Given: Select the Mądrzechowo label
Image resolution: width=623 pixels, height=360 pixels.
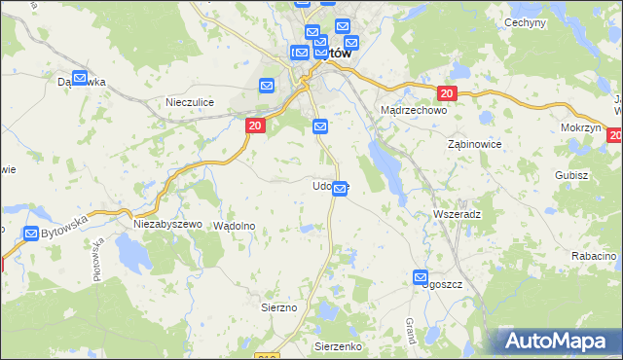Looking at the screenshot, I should coord(413,111).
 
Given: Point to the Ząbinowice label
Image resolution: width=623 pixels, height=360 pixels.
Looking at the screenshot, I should coord(474,143).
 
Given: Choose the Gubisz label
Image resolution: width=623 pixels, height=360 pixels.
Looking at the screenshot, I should coord(572,175).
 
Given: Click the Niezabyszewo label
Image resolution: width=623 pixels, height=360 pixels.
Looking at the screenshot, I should coord(167,224).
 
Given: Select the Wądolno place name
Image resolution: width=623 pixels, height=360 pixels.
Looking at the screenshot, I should coord(234,225).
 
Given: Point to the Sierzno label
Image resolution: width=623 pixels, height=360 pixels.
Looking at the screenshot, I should coord(278,306).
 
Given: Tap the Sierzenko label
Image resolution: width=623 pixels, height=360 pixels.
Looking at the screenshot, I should coord(338,345).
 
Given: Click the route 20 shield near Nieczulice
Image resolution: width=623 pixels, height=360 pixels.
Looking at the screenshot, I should coord(254,126).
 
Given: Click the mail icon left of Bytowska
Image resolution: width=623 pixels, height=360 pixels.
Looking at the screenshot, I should coord(31,234).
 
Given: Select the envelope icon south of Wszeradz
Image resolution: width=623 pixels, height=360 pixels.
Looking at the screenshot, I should coord(421,277).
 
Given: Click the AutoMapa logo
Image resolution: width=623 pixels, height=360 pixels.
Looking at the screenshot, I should coord(559,341).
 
